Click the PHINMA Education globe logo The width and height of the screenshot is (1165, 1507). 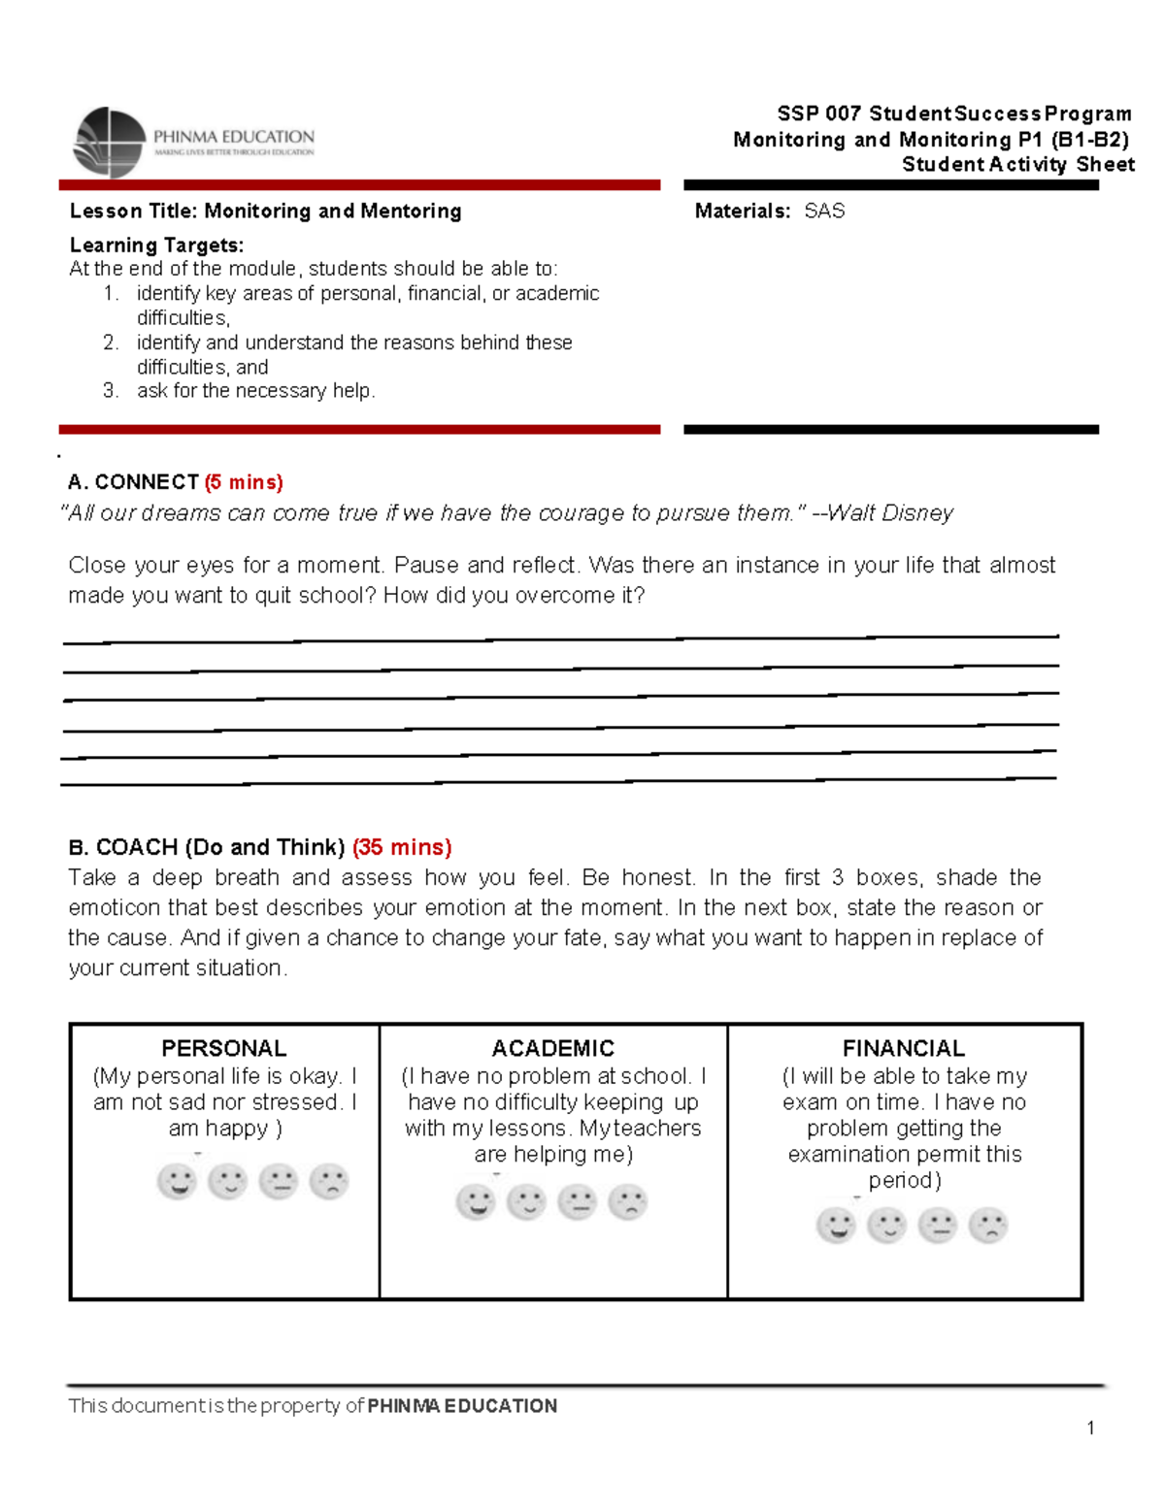(109, 143)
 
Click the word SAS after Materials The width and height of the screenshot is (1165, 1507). (824, 212)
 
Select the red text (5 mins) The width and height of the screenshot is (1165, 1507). (244, 482)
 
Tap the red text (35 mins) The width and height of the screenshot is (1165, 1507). (402, 847)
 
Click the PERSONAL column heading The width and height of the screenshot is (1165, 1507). (223, 1048)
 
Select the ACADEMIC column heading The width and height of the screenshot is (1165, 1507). (552, 1048)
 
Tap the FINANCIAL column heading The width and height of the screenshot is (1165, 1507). (903, 1048)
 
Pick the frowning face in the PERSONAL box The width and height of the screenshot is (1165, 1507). (329, 1182)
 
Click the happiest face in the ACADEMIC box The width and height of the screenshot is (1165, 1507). (476, 1202)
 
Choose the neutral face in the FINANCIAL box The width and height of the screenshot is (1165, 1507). (938, 1226)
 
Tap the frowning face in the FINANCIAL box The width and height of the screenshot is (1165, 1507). (988, 1226)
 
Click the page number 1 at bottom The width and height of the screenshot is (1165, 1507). (1091, 1427)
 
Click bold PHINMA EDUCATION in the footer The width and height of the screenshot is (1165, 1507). (462, 1406)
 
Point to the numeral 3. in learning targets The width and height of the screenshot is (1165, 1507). (111, 391)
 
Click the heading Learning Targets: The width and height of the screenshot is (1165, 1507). (156, 246)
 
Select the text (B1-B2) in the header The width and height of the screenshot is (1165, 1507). (1089, 140)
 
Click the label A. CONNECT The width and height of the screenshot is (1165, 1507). (133, 482)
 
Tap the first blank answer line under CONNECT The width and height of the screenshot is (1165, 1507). (560, 639)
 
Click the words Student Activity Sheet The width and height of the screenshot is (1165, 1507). (1017, 165)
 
